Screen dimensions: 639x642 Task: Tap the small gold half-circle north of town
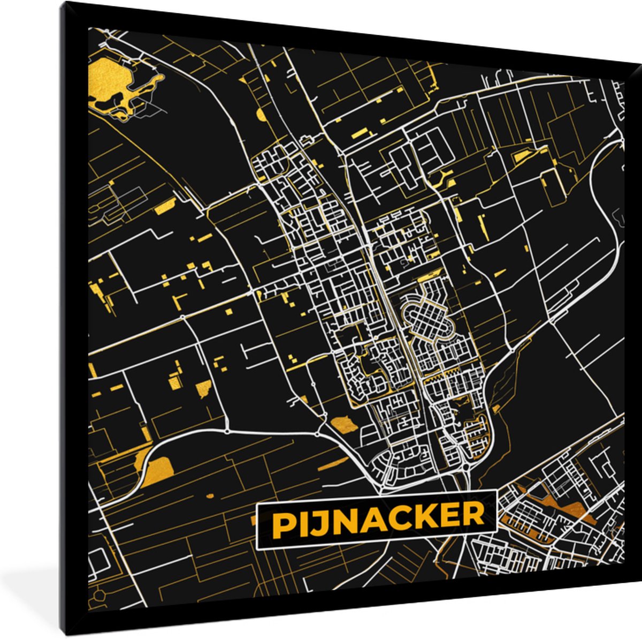point(261,114)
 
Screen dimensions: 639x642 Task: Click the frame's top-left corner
point(63,4)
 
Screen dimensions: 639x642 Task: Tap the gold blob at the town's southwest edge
point(343,426)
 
